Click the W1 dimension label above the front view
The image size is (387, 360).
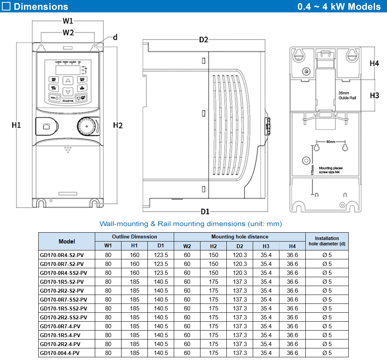pyautogui.click(x=68, y=21)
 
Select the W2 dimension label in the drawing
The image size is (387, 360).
pyautogui.click(x=68, y=33)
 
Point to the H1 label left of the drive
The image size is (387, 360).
pyautogui.click(x=16, y=125)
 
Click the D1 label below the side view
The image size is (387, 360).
pyautogui.click(x=205, y=211)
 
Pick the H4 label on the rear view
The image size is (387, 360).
pyautogui.click(x=374, y=63)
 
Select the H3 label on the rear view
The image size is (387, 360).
pyautogui.click(x=374, y=95)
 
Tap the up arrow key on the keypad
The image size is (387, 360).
pyautogui.click(x=68, y=81)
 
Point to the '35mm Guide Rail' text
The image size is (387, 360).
pyautogui.click(x=347, y=96)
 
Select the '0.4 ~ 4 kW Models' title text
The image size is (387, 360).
pyautogui.click(x=339, y=7)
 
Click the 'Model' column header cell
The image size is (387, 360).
pyautogui.click(x=67, y=241)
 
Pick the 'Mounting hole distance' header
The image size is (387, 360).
pyautogui.click(x=240, y=237)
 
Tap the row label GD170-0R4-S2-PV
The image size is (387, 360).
pyautogui.click(x=62, y=255)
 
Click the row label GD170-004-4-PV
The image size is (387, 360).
pyautogui.click(x=60, y=353)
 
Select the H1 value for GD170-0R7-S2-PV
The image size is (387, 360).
pyautogui.click(x=135, y=264)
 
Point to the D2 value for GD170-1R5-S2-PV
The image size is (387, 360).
pyautogui.click(x=240, y=282)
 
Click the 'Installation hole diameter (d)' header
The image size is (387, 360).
pyautogui.click(x=327, y=241)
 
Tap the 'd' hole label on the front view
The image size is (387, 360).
pyautogui.click(x=115, y=38)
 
